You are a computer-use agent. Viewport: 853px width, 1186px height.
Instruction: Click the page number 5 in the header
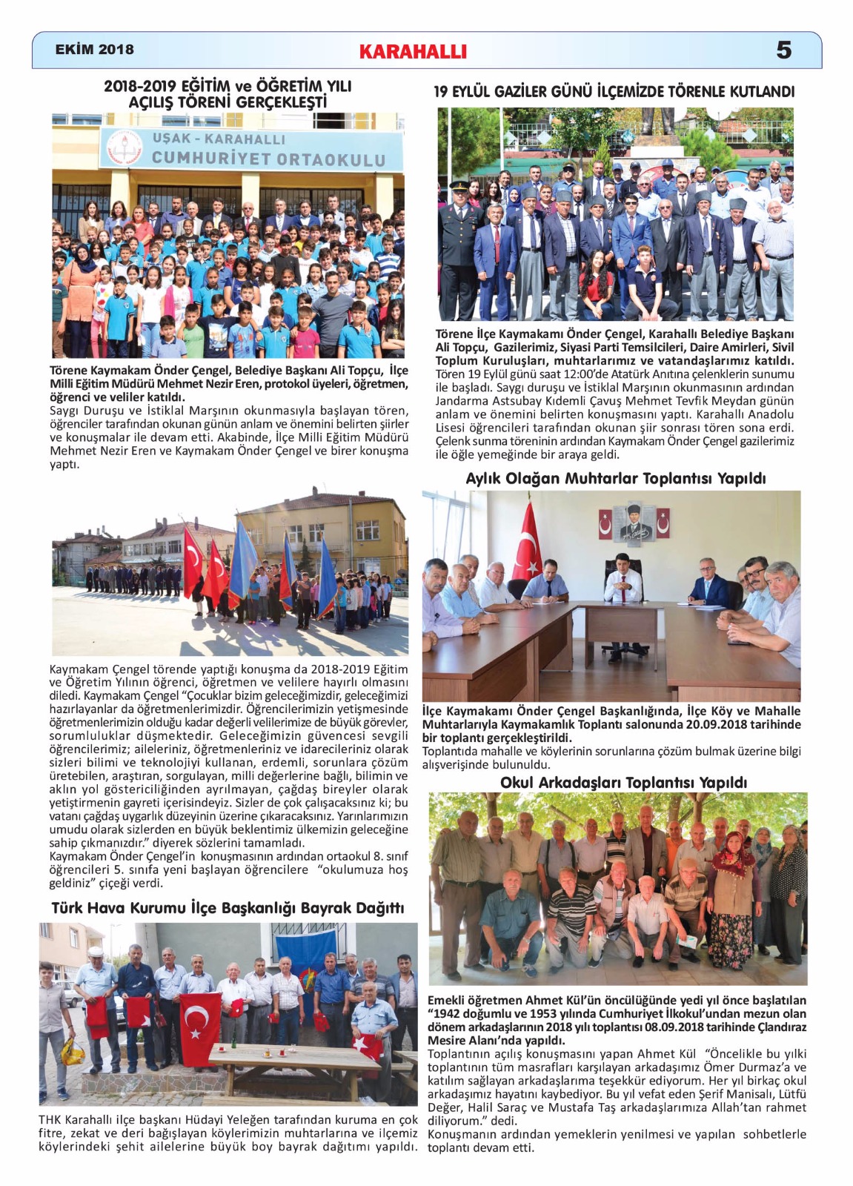click(x=783, y=50)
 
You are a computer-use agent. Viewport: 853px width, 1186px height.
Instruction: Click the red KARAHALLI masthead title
click(x=413, y=52)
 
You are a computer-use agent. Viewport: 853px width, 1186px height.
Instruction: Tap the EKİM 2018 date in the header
click(x=94, y=50)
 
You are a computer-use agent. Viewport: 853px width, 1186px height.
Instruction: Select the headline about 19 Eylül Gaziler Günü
click(x=614, y=92)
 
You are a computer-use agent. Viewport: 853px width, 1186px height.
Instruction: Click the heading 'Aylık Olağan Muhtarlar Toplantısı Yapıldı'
click(x=615, y=479)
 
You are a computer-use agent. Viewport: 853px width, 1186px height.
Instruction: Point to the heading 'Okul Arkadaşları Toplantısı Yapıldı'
click(x=623, y=783)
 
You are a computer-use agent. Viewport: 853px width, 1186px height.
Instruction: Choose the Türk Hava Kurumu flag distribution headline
click(x=228, y=908)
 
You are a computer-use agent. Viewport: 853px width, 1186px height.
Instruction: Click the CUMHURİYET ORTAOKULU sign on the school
click(x=268, y=159)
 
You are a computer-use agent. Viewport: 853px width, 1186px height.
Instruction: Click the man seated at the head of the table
click(x=623, y=586)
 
